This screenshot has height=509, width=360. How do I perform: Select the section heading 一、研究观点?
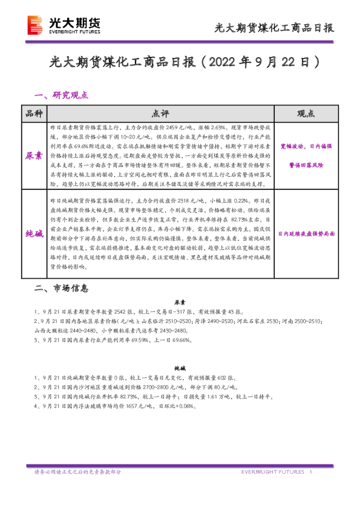(62, 95)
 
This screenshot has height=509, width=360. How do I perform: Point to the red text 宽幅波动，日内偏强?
(306, 146)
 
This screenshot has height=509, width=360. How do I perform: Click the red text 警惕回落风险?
(306, 164)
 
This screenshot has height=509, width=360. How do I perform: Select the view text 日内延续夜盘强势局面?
(306, 234)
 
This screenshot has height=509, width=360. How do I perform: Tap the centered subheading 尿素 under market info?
(180, 302)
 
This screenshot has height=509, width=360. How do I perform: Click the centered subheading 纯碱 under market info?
(180, 367)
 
